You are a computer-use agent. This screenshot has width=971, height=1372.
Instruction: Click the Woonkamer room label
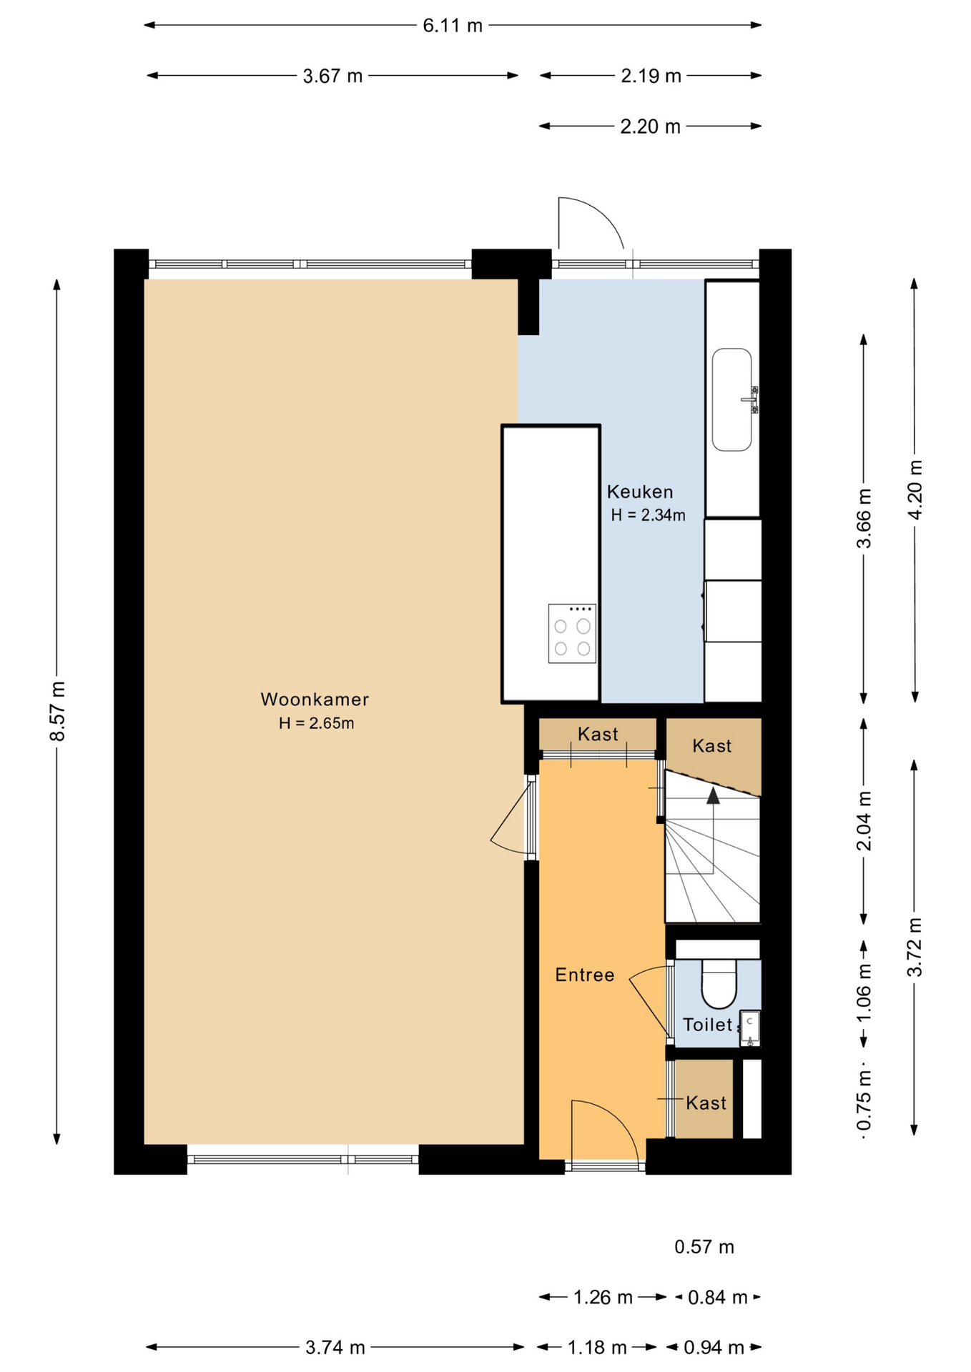click(x=315, y=699)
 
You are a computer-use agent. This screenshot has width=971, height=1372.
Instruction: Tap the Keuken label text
click(x=640, y=492)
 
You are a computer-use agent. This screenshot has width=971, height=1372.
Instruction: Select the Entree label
click(x=584, y=975)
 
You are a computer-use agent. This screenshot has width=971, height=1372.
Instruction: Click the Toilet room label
click(x=707, y=1025)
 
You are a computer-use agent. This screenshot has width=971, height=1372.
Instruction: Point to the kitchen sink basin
click(x=731, y=399)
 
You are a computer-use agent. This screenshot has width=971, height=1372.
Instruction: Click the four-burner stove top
click(x=572, y=634)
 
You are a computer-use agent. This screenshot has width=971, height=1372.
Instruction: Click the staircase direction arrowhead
click(x=713, y=796)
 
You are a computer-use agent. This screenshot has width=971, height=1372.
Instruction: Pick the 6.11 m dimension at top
click(x=453, y=26)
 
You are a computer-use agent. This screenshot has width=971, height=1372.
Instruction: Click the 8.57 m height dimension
click(x=58, y=711)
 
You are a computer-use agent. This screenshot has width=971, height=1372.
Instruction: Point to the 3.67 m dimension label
click(x=332, y=76)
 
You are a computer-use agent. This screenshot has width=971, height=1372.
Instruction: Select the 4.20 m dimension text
click(x=915, y=489)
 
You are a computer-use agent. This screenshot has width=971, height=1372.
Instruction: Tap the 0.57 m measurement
click(x=704, y=1247)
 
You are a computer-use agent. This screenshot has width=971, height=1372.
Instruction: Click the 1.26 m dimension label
click(x=603, y=1297)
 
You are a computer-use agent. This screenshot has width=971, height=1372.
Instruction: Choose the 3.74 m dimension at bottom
click(x=335, y=1348)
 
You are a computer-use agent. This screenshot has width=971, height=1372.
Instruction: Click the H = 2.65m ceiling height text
click(x=316, y=723)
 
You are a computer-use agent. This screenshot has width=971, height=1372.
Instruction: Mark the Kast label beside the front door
click(x=706, y=1103)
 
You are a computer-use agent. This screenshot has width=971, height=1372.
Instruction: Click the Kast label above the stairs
click(x=711, y=746)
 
